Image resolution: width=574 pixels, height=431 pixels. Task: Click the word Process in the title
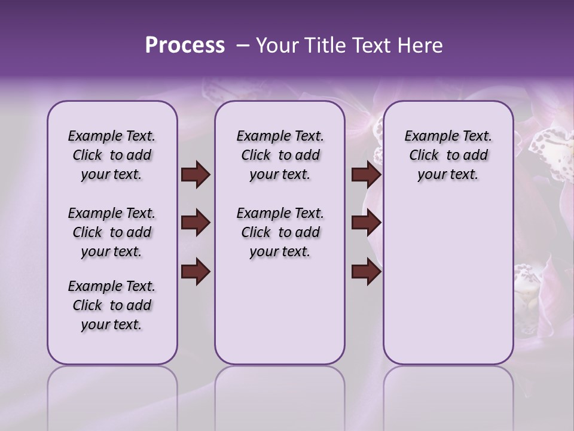(185, 45)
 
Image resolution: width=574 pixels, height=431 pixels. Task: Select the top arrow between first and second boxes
(196, 175)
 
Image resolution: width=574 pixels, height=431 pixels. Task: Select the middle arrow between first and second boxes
(196, 223)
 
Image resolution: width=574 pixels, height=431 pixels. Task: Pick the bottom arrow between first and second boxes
(196, 272)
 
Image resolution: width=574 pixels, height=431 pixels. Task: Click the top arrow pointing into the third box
(366, 175)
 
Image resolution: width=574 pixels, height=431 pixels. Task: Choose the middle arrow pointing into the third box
(366, 223)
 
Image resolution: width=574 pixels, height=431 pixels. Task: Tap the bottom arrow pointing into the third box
(366, 272)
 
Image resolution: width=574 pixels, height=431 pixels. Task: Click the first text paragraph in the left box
(112, 155)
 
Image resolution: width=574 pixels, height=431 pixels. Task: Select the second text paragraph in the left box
(112, 232)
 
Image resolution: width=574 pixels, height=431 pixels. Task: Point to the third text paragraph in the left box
(112, 305)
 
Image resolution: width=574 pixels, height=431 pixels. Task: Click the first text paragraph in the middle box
(280, 155)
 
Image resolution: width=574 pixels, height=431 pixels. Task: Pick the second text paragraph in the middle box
(280, 232)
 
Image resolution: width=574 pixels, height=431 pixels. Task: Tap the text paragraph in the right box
(448, 155)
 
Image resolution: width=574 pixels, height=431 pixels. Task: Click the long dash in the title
(243, 46)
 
